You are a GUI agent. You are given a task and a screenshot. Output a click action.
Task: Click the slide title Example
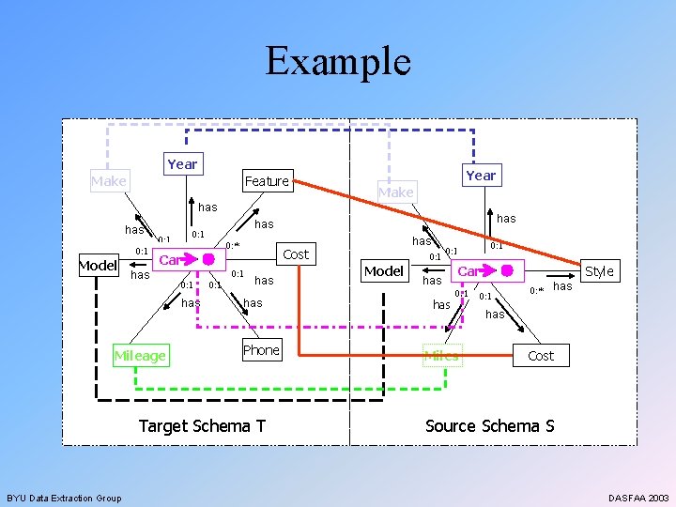(x=338, y=62)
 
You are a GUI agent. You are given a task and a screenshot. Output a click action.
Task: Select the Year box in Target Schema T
(x=182, y=164)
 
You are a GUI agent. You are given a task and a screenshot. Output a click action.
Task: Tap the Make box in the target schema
(x=109, y=181)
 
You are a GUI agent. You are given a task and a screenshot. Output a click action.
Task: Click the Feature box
(x=267, y=181)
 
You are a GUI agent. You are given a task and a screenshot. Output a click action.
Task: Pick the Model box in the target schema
(x=97, y=265)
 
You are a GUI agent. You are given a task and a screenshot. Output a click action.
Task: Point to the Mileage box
(x=139, y=356)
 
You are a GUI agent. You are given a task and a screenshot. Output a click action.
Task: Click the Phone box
(x=261, y=350)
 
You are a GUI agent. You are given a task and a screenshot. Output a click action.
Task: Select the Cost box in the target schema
(x=296, y=254)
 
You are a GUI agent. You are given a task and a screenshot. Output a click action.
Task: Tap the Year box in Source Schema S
(x=481, y=176)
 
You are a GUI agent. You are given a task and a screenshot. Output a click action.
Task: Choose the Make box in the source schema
(x=395, y=192)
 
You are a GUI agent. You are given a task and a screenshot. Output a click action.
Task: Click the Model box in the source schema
(x=383, y=271)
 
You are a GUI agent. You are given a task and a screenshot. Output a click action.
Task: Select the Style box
(x=599, y=271)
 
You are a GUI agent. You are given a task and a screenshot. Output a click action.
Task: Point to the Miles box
(x=441, y=356)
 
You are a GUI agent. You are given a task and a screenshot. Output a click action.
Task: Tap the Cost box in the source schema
(x=541, y=356)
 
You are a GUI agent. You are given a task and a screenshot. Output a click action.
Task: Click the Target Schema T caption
(x=202, y=426)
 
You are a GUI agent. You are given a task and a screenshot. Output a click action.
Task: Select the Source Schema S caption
(x=489, y=426)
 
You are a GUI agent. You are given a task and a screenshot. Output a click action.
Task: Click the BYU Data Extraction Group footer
(x=64, y=498)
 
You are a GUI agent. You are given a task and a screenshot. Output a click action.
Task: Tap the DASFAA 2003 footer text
(x=638, y=498)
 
